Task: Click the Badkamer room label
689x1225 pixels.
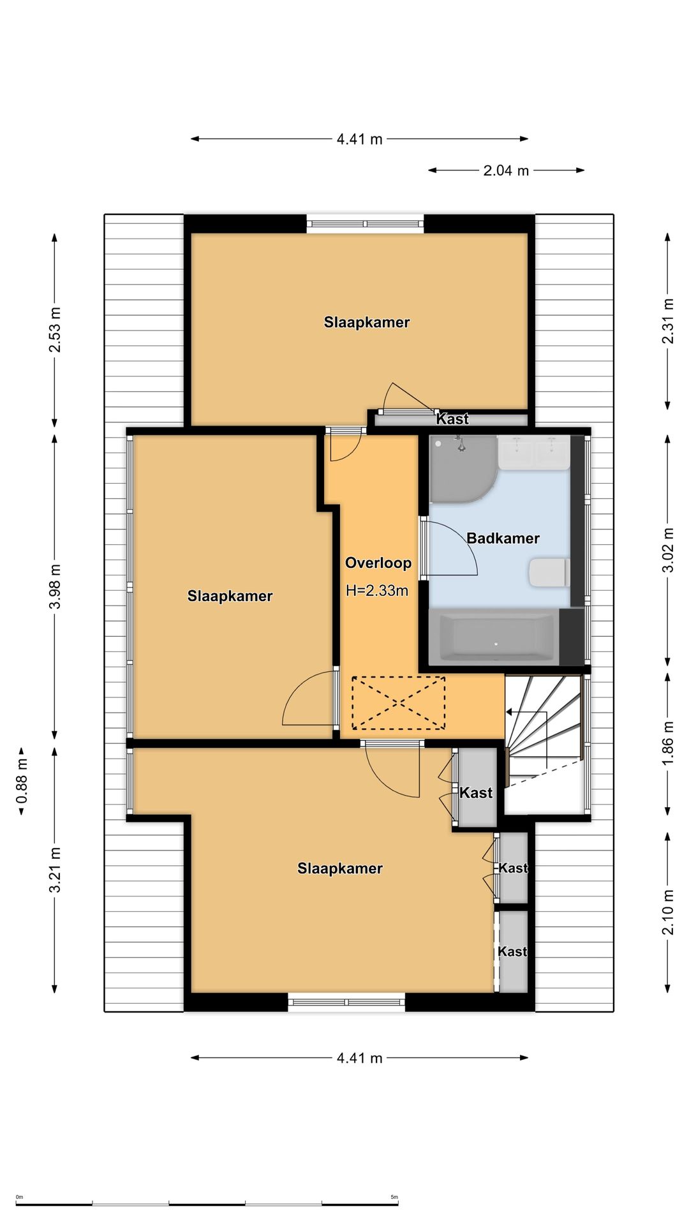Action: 503,538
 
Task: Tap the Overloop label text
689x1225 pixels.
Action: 378,563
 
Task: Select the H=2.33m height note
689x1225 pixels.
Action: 377,591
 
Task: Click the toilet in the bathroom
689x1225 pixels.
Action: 549,572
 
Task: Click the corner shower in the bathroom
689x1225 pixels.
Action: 461,467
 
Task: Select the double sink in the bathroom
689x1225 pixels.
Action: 534,453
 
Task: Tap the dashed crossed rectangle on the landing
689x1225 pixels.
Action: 399,702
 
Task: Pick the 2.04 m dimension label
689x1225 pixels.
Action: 506,170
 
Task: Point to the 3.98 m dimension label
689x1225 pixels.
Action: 56,586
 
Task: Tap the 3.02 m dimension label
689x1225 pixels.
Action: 668,550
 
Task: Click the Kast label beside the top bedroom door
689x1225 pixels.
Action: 452,419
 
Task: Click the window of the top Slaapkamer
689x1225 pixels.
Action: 365,223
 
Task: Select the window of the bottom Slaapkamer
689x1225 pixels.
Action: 346,1002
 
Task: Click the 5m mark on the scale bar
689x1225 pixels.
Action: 394,1197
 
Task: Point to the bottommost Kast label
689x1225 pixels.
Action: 512,951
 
